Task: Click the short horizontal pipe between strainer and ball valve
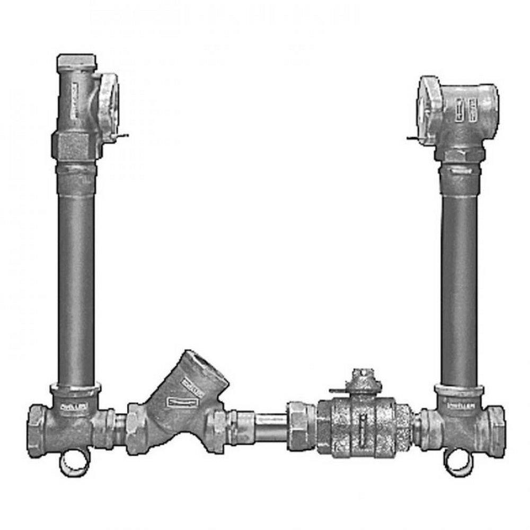[270, 425]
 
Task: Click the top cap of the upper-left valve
[75, 63]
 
